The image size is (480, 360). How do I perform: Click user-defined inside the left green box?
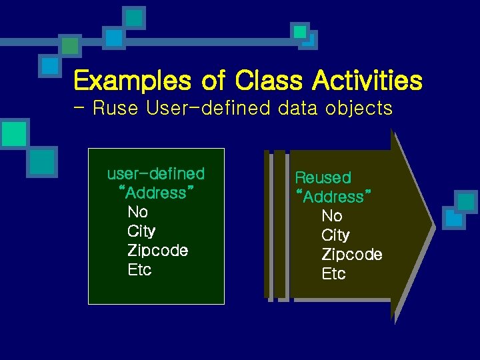(x=156, y=174)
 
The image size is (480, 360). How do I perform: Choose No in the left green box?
(x=137, y=213)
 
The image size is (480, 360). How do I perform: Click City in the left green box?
(x=141, y=231)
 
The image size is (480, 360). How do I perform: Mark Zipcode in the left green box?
(x=157, y=251)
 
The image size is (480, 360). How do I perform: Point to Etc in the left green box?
(x=139, y=270)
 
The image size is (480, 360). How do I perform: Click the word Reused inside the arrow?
(x=323, y=178)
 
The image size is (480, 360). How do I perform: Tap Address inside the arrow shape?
(x=333, y=197)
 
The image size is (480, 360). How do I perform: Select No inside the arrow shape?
(x=332, y=216)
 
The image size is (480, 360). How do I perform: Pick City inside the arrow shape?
(x=335, y=235)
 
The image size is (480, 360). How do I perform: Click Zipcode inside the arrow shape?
(x=352, y=255)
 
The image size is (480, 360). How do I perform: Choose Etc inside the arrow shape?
(x=333, y=274)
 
